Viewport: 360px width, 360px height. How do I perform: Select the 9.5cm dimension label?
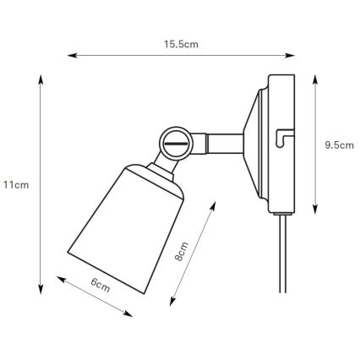pos(338,145)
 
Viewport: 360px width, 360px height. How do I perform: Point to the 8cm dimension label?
pos(181,253)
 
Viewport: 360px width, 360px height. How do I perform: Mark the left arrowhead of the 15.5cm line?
pos(70,57)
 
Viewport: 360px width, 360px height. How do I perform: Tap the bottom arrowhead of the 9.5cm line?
pos(315,210)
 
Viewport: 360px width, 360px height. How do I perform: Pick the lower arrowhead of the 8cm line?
pos(170,302)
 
